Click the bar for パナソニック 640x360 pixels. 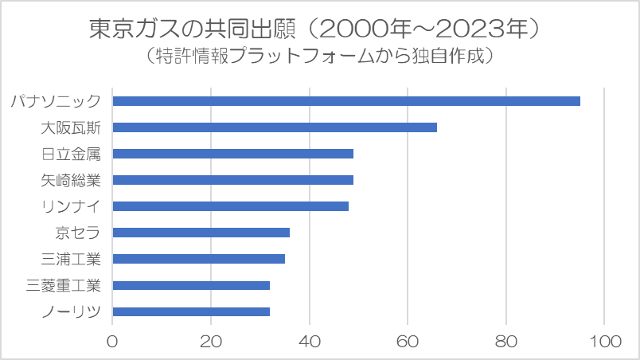(x=346, y=101)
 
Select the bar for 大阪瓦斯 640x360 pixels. (x=275, y=127)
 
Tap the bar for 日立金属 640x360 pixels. (x=233, y=154)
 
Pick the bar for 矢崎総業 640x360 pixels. (x=233, y=180)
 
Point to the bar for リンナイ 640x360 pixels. (x=231, y=206)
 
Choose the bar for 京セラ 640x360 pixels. (x=201, y=233)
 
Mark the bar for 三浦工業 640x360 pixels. (x=199, y=259)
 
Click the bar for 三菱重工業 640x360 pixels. (x=191, y=285)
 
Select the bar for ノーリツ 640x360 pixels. (x=191, y=312)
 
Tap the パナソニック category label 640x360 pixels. (x=56, y=101)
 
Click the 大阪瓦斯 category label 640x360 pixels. (x=71, y=127)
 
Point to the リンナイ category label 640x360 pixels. (x=71, y=206)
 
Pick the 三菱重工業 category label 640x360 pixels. (x=63, y=285)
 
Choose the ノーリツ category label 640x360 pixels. (x=71, y=312)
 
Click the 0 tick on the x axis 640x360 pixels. (x=112, y=342)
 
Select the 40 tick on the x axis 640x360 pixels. (x=310, y=342)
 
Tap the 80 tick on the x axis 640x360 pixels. (x=506, y=342)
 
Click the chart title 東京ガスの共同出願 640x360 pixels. (x=193, y=29)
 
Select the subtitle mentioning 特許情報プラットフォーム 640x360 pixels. (x=319, y=56)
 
